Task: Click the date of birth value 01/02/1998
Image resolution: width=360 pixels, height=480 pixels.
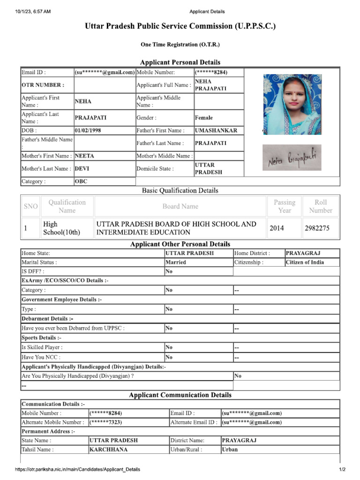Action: tap(88, 131)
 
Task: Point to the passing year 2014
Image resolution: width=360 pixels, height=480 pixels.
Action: tap(277, 228)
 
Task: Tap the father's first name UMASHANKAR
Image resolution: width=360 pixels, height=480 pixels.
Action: tap(216, 131)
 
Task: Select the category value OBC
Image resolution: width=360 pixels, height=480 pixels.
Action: tap(81, 181)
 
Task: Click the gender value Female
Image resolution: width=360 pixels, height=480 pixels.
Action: tap(203, 118)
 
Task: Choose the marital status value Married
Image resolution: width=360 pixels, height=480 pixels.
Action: tap(176, 262)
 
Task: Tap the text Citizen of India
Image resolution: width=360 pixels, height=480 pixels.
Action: tap(305, 262)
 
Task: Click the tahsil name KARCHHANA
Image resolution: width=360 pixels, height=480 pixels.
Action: tap(108, 450)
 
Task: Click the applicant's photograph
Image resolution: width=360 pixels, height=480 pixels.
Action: tap(292, 104)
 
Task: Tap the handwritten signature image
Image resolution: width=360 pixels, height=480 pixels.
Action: tap(292, 158)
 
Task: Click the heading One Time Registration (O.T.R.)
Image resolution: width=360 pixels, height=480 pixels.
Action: tap(180, 45)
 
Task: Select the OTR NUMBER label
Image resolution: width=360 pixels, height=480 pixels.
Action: tap(43, 85)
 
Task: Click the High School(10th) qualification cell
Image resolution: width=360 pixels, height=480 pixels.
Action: tap(61, 228)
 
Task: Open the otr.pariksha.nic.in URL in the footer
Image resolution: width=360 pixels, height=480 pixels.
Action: tap(77, 469)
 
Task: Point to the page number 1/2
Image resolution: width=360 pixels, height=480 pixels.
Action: tap(342, 469)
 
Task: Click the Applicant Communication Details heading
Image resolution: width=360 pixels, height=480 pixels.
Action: tap(180, 395)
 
